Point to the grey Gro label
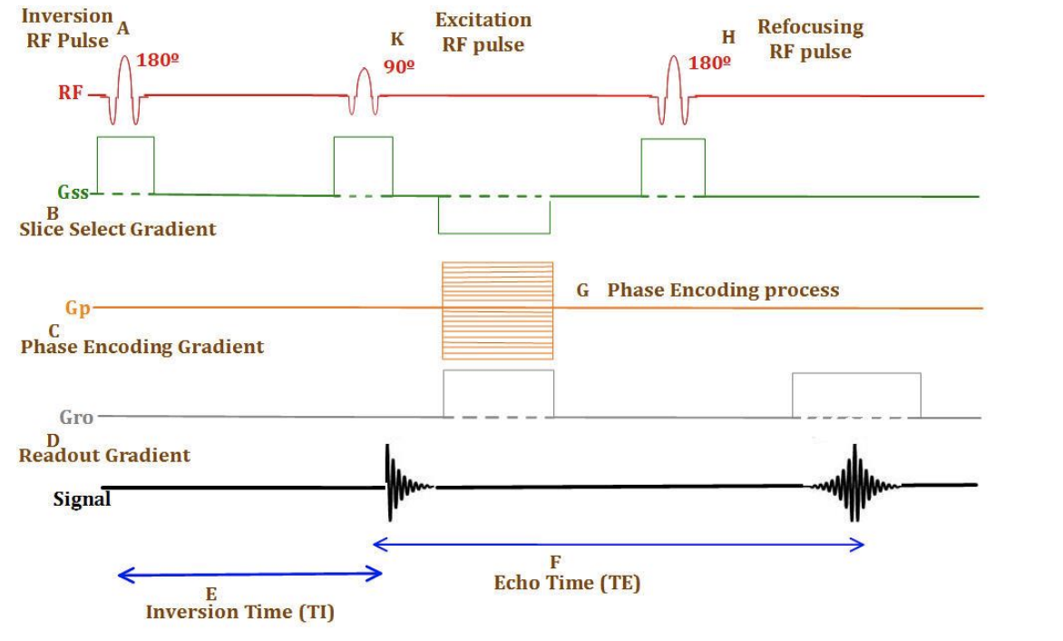(77, 418)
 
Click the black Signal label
(82, 498)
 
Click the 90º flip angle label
(399, 66)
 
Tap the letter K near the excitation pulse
(397, 40)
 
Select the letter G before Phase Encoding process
(583, 291)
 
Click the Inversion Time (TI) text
(240, 613)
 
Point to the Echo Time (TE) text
(567, 583)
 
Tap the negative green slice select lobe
(494, 215)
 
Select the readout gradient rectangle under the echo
(856, 395)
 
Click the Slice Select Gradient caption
(118, 229)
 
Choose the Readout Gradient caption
(104, 456)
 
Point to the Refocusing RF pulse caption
(810, 39)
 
